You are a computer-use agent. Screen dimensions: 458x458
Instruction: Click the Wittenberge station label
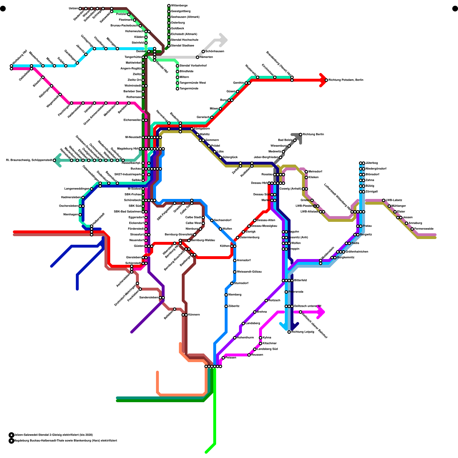pos(179,6)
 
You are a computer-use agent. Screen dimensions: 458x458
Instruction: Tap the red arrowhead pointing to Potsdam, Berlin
pos(323,80)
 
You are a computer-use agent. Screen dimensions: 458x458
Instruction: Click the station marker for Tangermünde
pos(177,89)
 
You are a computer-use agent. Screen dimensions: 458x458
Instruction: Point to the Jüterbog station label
pos(372,163)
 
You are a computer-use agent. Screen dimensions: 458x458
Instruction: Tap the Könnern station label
pos(194,315)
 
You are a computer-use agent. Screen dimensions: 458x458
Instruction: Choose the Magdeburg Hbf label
pos(127,149)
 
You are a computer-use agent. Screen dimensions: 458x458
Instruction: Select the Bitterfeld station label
pos(300,281)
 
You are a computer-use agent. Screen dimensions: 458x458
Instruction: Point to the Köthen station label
pos(225,246)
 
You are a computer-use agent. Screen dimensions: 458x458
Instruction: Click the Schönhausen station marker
pos(203,52)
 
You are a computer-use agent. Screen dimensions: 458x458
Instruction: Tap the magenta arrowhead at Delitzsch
pos(321,312)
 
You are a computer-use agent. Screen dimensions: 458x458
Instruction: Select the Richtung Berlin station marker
pos(301,135)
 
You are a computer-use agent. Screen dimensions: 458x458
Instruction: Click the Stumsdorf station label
pos(241,283)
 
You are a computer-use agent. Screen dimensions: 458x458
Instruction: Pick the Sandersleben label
pos(149,298)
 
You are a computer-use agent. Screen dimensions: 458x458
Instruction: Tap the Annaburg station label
pos(415,223)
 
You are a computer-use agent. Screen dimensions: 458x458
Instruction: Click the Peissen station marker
pos(223,358)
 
